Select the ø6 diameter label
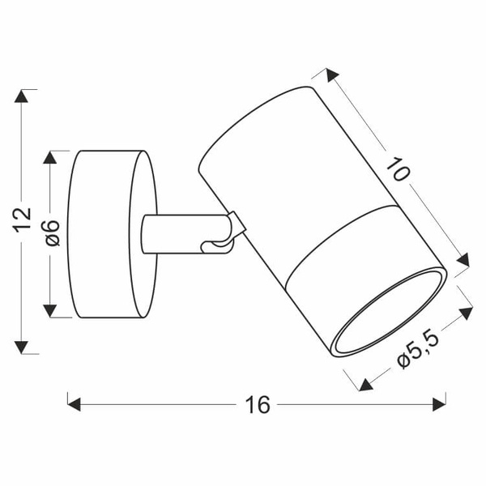[52, 233]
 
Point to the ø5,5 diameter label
[418, 350]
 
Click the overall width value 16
[257, 404]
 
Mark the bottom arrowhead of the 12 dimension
[24, 347]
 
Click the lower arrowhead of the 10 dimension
[463, 260]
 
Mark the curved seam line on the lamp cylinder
[340, 235]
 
